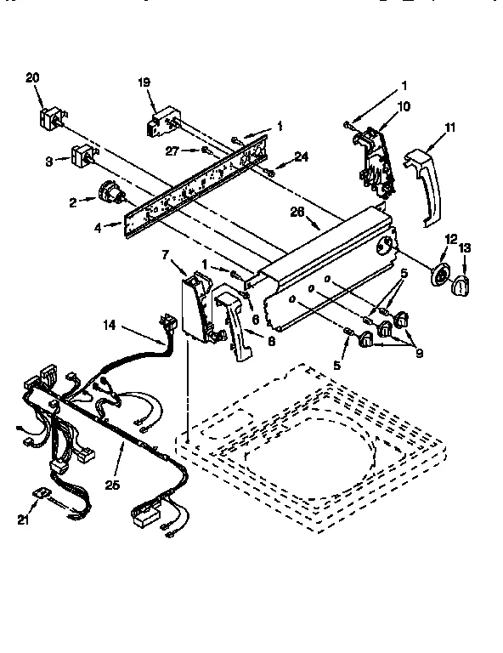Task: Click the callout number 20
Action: (33, 77)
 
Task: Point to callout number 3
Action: (50, 160)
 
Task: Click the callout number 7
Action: (166, 253)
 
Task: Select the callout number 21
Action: (23, 519)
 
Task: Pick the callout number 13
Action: (465, 247)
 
